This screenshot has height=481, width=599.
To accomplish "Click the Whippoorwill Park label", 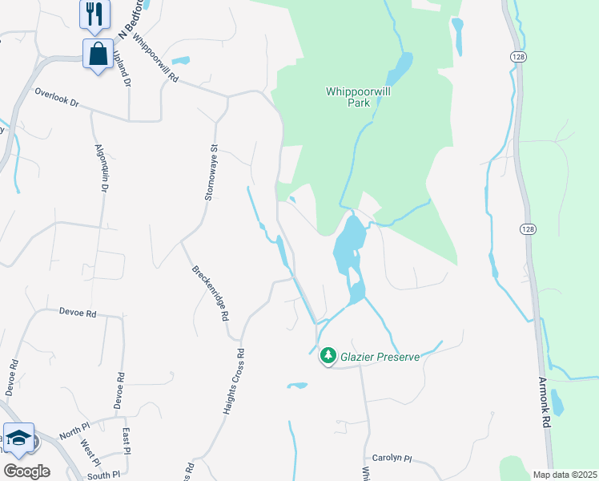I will (x=358, y=97).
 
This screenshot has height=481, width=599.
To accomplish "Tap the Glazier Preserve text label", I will (x=380, y=357).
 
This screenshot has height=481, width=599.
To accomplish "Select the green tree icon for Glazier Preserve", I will (x=328, y=355).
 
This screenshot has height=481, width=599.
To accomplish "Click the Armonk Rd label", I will (x=544, y=401).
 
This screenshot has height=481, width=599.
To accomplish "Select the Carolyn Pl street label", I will (x=396, y=459).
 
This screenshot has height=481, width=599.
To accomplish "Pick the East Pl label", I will (x=127, y=439).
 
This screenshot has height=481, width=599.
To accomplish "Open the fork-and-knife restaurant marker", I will (x=94, y=14).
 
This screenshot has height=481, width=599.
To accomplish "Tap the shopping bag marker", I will (x=98, y=54).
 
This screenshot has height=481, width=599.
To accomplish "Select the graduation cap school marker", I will (x=18, y=438).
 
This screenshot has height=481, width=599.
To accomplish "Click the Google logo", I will (x=26, y=471).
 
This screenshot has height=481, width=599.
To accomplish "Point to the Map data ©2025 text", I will (x=565, y=475).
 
